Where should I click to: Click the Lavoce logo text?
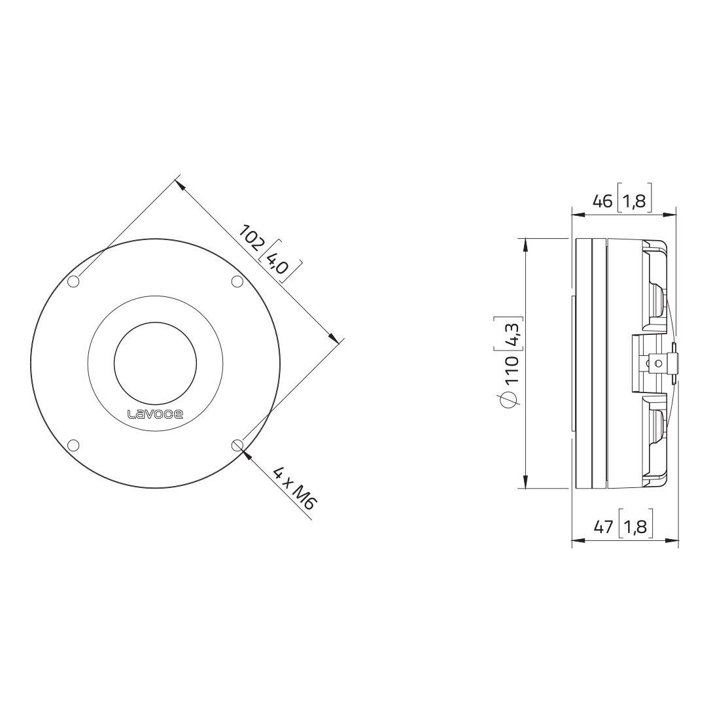[155, 414]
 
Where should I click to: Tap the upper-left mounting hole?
[73, 282]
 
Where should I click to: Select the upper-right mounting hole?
[237, 282]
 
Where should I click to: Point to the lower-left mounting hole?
[73, 445]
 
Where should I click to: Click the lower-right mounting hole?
[237, 445]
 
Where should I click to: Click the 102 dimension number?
[251, 236]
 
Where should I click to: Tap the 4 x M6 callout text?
[294, 488]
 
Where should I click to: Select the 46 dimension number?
[603, 201]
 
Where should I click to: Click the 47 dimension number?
[604, 527]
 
